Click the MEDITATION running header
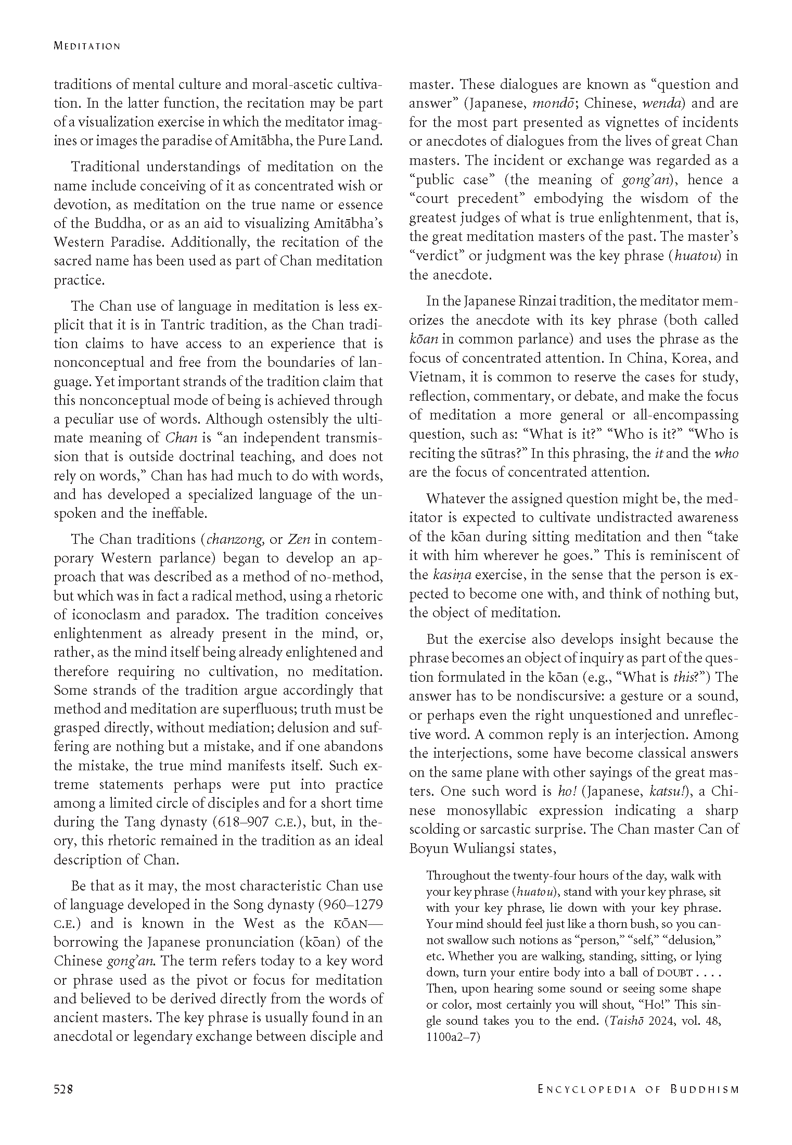87,46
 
